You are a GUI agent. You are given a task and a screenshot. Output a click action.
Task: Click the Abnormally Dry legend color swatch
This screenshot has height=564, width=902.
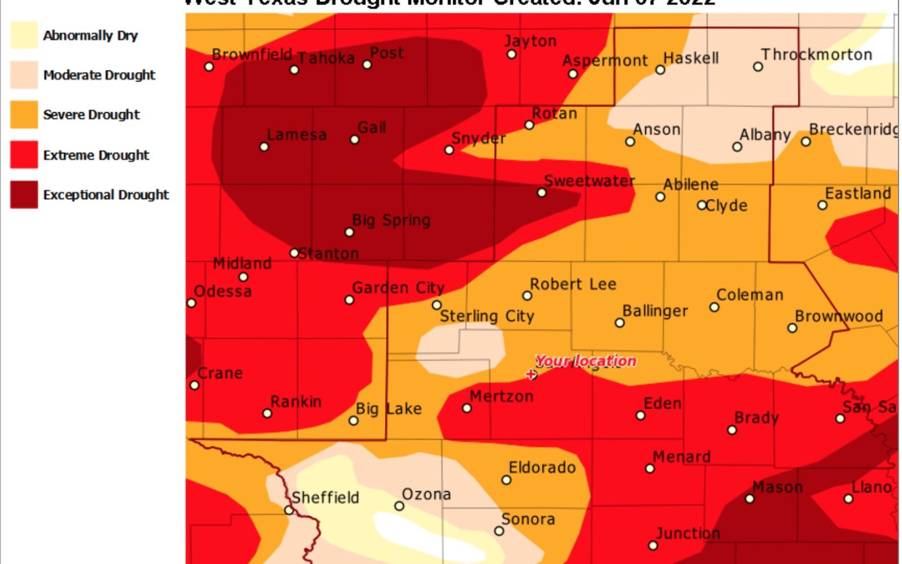point(24,35)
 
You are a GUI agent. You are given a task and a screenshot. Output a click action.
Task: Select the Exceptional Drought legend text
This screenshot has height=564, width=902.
point(106,195)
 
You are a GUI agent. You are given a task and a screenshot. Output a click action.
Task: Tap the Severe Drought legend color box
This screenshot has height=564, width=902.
point(24,114)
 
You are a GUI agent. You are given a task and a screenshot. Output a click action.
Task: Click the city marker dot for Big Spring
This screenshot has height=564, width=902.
point(349,232)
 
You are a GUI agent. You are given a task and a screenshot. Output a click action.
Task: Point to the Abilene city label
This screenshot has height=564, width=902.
point(691,184)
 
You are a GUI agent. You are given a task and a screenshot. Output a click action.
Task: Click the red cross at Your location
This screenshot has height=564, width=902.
point(530,374)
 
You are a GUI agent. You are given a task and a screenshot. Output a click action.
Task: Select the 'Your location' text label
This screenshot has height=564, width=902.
point(585,361)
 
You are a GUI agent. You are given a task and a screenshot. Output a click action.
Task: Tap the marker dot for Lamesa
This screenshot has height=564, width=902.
point(264,147)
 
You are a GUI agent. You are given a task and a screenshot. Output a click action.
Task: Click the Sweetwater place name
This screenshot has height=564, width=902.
point(589,181)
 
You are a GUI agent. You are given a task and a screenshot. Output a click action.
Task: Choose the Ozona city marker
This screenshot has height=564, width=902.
point(399,506)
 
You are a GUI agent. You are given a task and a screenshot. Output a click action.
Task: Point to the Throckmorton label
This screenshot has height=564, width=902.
point(816,55)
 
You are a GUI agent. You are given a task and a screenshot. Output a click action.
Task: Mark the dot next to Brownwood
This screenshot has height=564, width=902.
point(792,328)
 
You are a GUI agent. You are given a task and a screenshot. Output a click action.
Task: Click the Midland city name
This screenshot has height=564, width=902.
point(242,263)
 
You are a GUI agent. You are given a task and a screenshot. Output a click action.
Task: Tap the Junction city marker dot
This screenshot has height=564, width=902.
point(653,545)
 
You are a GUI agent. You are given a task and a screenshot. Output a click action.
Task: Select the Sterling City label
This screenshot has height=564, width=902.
point(487,316)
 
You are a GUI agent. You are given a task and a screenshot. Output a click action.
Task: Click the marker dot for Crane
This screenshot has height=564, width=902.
point(194,385)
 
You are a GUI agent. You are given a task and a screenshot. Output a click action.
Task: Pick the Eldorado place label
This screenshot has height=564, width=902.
point(542,468)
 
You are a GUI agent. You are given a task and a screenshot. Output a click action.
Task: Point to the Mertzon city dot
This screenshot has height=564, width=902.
point(467,408)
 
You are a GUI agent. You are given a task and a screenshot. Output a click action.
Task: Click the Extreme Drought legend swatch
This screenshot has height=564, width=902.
point(24,155)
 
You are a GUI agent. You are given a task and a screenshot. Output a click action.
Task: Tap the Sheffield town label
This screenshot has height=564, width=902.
point(325,497)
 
